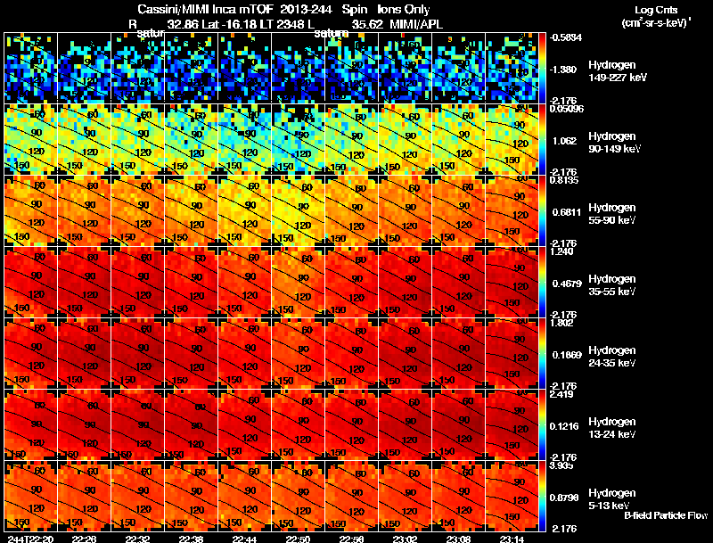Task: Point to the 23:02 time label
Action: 405,538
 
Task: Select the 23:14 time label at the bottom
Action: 512,538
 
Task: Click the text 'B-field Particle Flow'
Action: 665,515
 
